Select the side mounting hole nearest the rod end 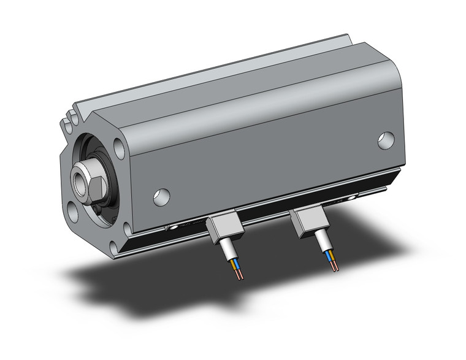(x=162, y=196)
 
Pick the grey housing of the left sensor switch (x=224, y=228)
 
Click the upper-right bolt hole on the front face (x=116, y=147)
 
